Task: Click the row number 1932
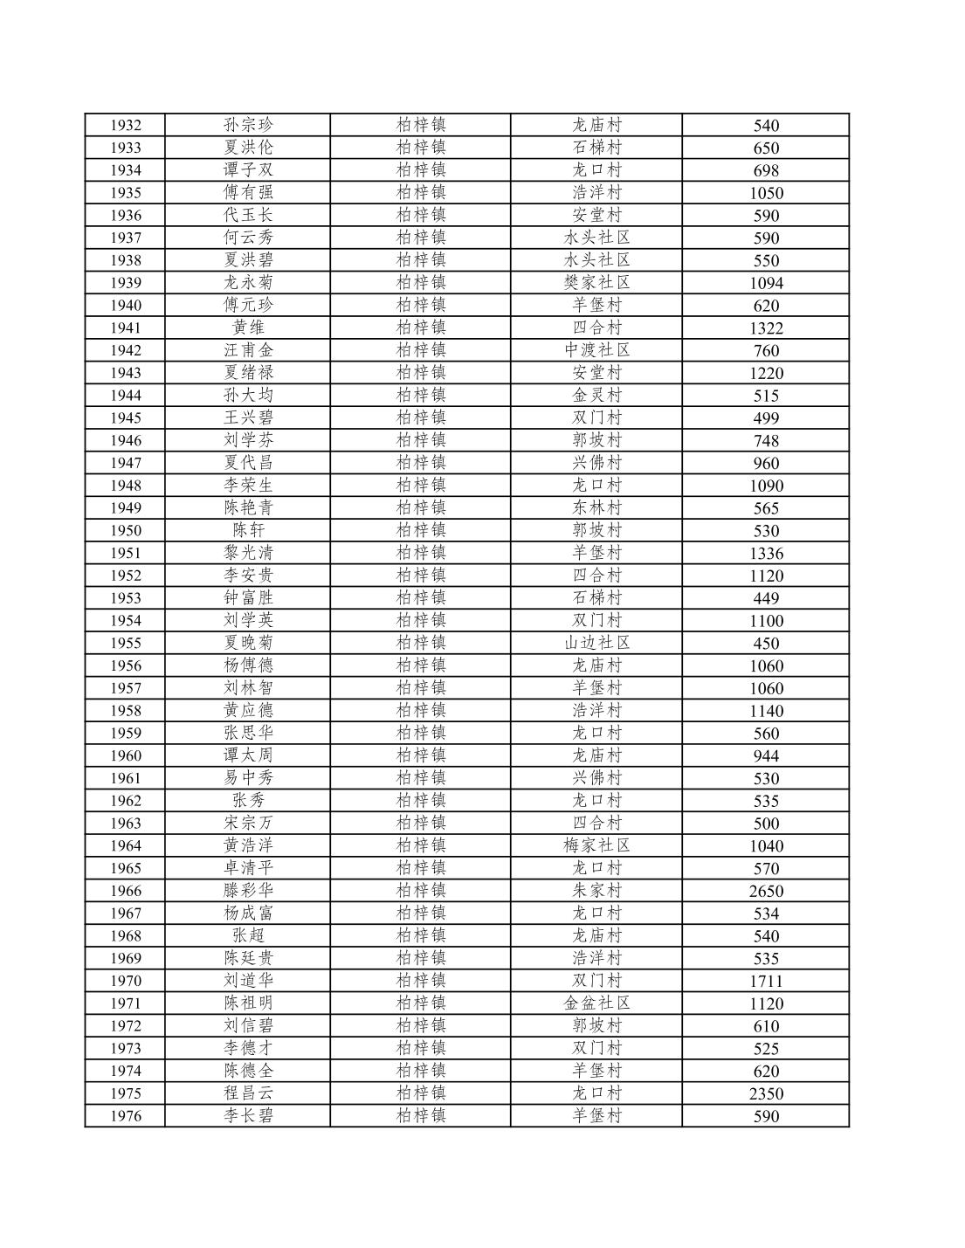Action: click(125, 125)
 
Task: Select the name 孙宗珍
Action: click(248, 125)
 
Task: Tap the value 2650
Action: click(766, 891)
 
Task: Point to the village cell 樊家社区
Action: click(596, 282)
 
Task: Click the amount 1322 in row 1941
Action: click(766, 328)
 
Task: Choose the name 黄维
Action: click(248, 328)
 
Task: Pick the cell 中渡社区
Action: click(596, 350)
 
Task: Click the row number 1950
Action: click(125, 530)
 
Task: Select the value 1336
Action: click(766, 553)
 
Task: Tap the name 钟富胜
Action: click(248, 598)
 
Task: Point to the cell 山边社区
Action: click(596, 643)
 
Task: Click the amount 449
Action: click(766, 598)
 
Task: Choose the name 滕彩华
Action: click(248, 891)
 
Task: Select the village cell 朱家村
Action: click(596, 891)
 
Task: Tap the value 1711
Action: click(766, 981)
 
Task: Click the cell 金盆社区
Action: click(596, 1003)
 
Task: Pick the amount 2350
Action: click(766, 1093)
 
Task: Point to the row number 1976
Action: click(125, 1116)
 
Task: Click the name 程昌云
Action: click(248, 1093)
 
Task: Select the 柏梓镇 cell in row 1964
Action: click(421, 845)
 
